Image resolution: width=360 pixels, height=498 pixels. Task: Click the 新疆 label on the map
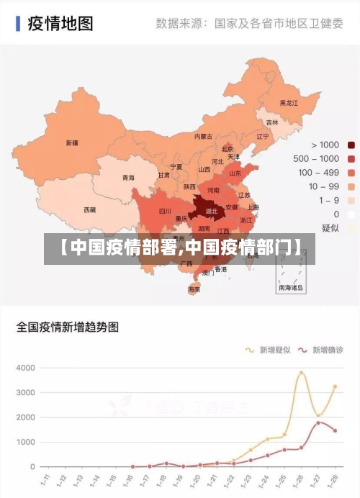pyautogui.click(x=72, y=142)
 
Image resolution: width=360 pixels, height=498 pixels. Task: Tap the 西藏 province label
pyautogui.click(x=89, y=210)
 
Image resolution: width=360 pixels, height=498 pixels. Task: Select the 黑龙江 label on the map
pyautogui.click(x=289, y=103)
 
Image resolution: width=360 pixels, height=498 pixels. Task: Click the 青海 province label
pyautogui.click(x=128, y=178)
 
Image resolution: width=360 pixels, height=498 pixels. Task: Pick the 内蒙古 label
pyautogui.click(x=204, y=136)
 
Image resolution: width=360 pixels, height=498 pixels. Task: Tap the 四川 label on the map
pyautogui.click(x=165, y=212)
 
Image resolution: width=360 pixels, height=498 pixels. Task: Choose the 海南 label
pyautogui.click(x=194, y=289)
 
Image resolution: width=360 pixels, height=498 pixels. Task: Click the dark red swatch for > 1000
pyautogui.click(x=351, y=145)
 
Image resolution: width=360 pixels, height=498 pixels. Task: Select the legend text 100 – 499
pyautogui.click(x=319, y=172)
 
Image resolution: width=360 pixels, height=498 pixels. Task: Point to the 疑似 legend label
pyautogui.click(x=330, y=227)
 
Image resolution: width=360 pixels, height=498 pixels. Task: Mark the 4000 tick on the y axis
pyautogui.click(x=25, y=368)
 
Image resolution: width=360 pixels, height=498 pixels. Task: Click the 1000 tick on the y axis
pyautogui.click(x=25, y=442)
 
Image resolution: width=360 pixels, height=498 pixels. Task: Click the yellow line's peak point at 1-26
pyautogui.click(x=302, y=372)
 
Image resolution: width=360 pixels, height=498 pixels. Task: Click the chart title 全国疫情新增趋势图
pyautogui.click(x=68, y=327)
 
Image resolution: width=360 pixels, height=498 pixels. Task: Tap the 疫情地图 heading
pyautogui.click(x=60, y=24)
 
